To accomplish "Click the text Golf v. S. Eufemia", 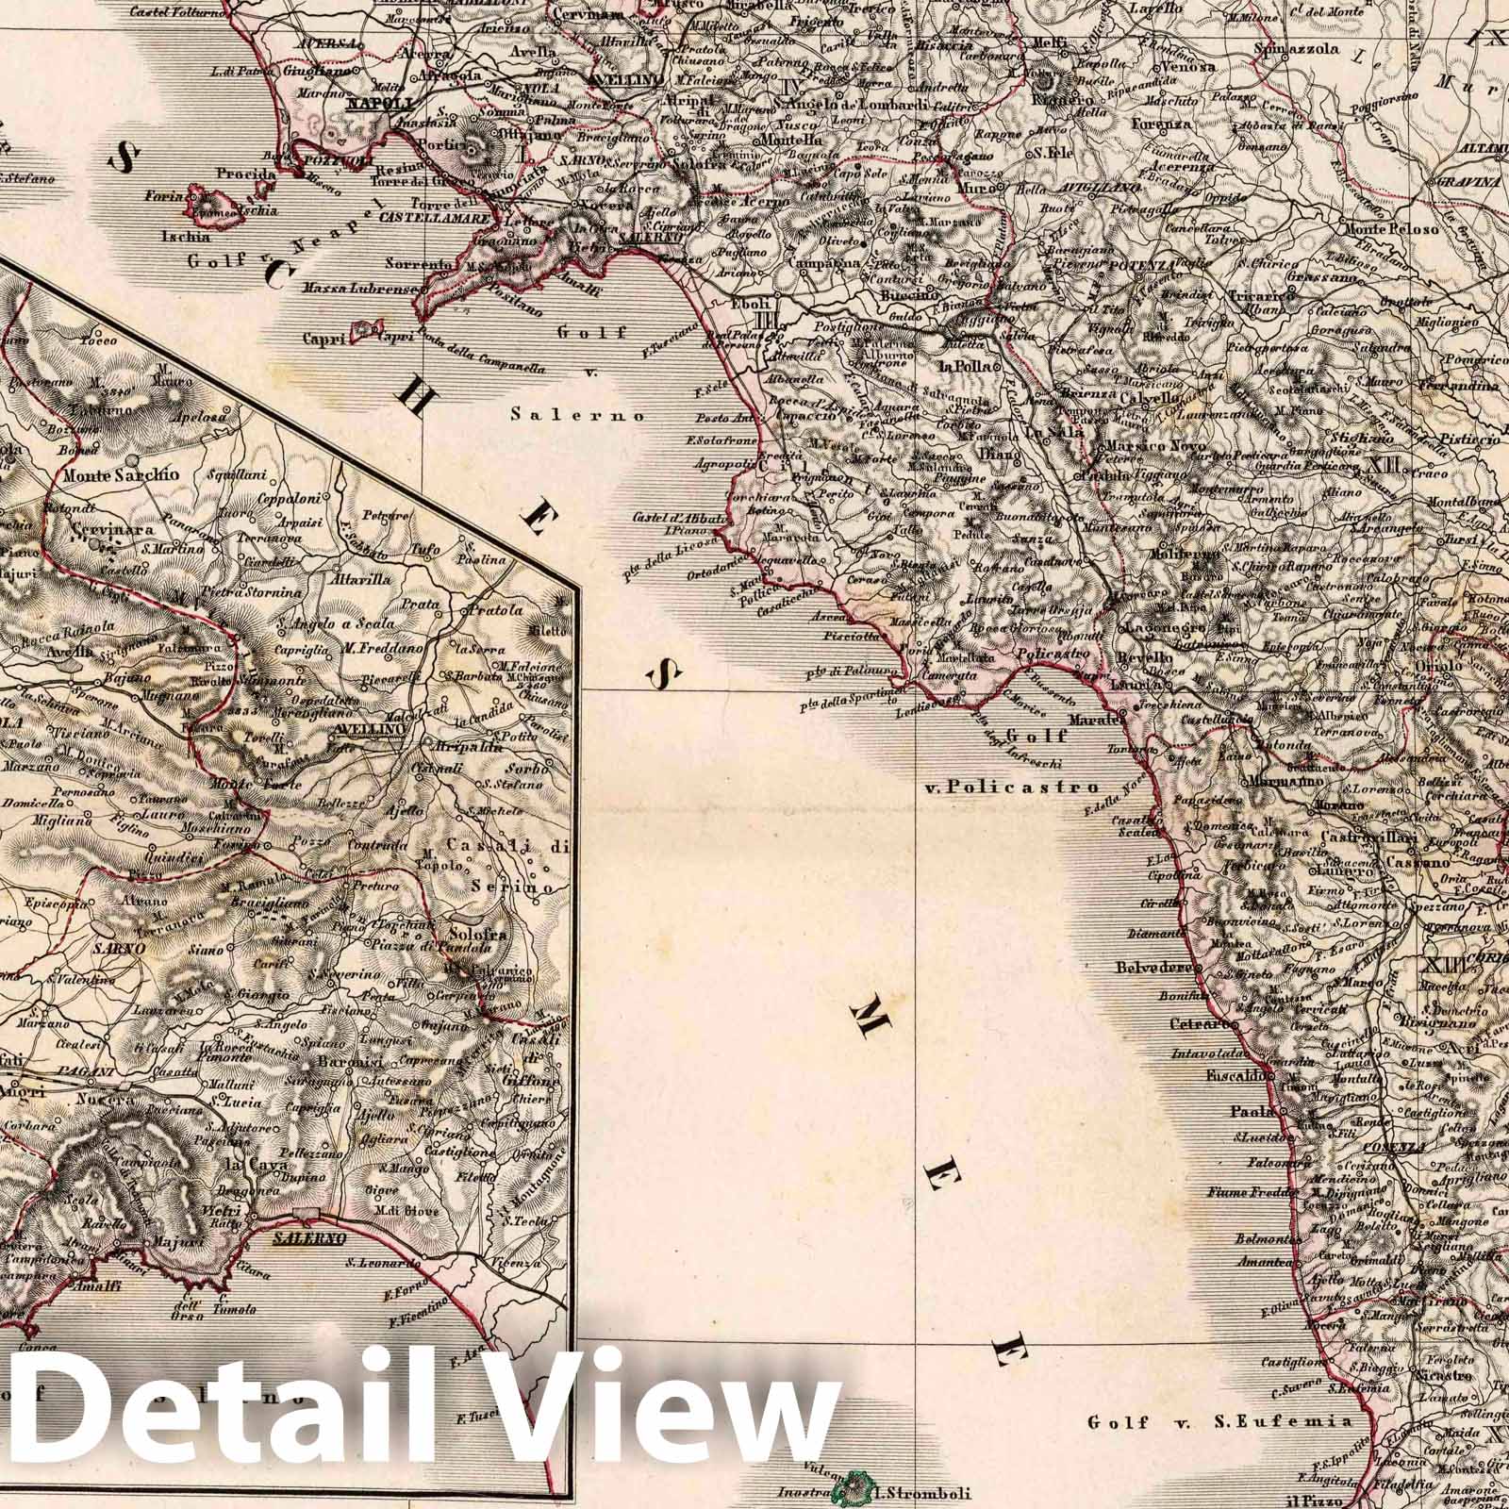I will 1219,1421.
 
